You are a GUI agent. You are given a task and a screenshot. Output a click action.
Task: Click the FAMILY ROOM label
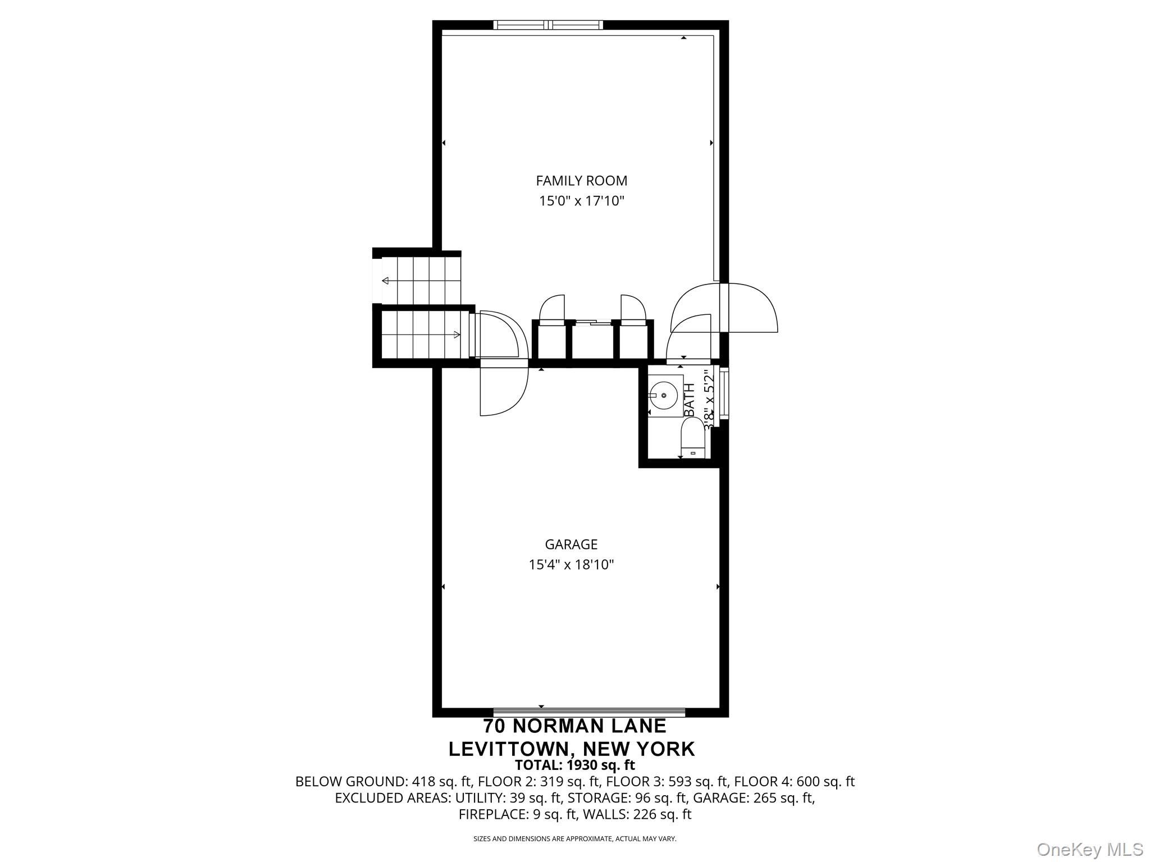(x=581, y=181)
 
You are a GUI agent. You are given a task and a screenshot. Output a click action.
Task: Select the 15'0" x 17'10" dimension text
(x=581, y=201)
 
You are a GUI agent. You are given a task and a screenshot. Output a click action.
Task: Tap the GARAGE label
(x=571, y=544)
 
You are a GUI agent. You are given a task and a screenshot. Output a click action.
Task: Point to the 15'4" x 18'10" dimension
(x=571, y=565)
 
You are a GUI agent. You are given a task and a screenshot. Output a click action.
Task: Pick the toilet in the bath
(x=692, y=441)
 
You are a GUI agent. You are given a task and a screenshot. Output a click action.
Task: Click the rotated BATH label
(x=690, y=399)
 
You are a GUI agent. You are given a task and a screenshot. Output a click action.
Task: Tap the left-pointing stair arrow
(x=386, y=281)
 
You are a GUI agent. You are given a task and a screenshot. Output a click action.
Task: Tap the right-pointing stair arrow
(x=457, y=335)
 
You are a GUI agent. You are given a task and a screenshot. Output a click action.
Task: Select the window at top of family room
(x=548, y=25)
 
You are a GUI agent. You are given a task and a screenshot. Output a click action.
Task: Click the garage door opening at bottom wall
(x=589, y=713)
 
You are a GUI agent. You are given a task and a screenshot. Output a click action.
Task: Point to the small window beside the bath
(x=724, y=393)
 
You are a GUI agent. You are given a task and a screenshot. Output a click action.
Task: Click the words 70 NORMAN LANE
(x=574, y=726)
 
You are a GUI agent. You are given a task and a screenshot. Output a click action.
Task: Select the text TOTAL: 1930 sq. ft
(x=574, y=765)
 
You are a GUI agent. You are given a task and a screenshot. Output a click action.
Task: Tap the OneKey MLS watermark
(x=1089, y=849)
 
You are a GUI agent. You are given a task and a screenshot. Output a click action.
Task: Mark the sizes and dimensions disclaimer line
(x=574, y=839)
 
